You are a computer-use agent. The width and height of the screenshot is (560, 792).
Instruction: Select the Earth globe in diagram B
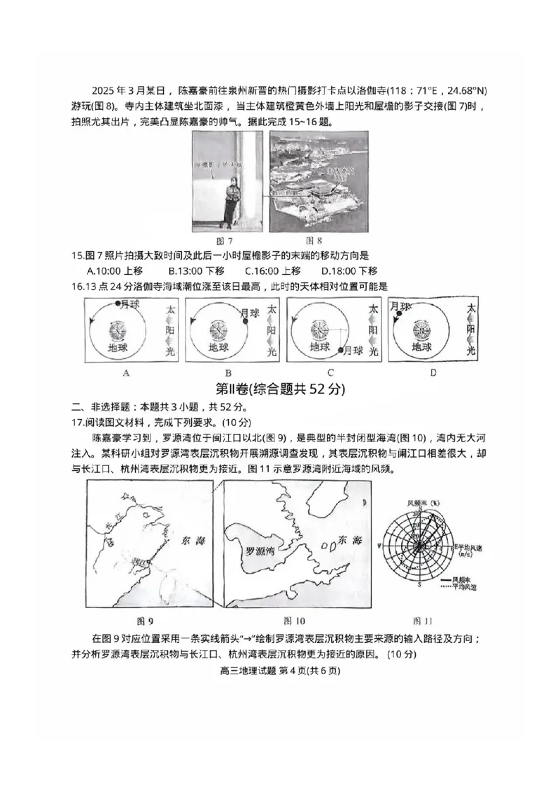(218, 330)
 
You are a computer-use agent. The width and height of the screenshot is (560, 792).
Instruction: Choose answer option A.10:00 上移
(115, 271)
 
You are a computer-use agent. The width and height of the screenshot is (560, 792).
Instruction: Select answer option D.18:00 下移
(349, 271)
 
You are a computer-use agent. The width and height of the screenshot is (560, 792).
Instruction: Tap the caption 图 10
(294, 621)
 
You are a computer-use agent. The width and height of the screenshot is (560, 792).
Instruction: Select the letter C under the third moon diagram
(330, 373)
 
